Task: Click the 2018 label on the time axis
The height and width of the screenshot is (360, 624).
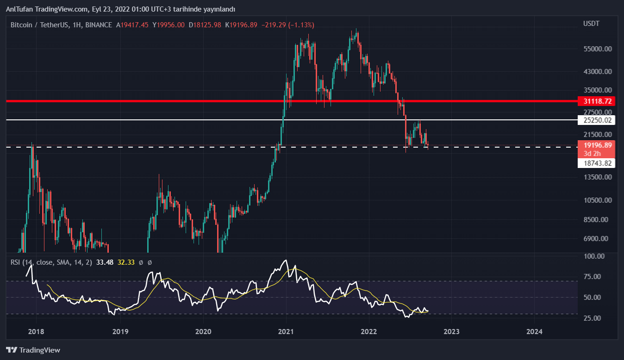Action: point(36,331)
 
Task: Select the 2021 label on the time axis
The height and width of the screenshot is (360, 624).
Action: point(286,331)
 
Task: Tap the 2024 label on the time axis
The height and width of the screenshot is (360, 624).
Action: point(534,331)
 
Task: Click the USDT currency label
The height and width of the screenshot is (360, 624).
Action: point(591,24)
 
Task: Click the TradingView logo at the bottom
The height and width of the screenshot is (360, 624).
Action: point(33,350)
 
